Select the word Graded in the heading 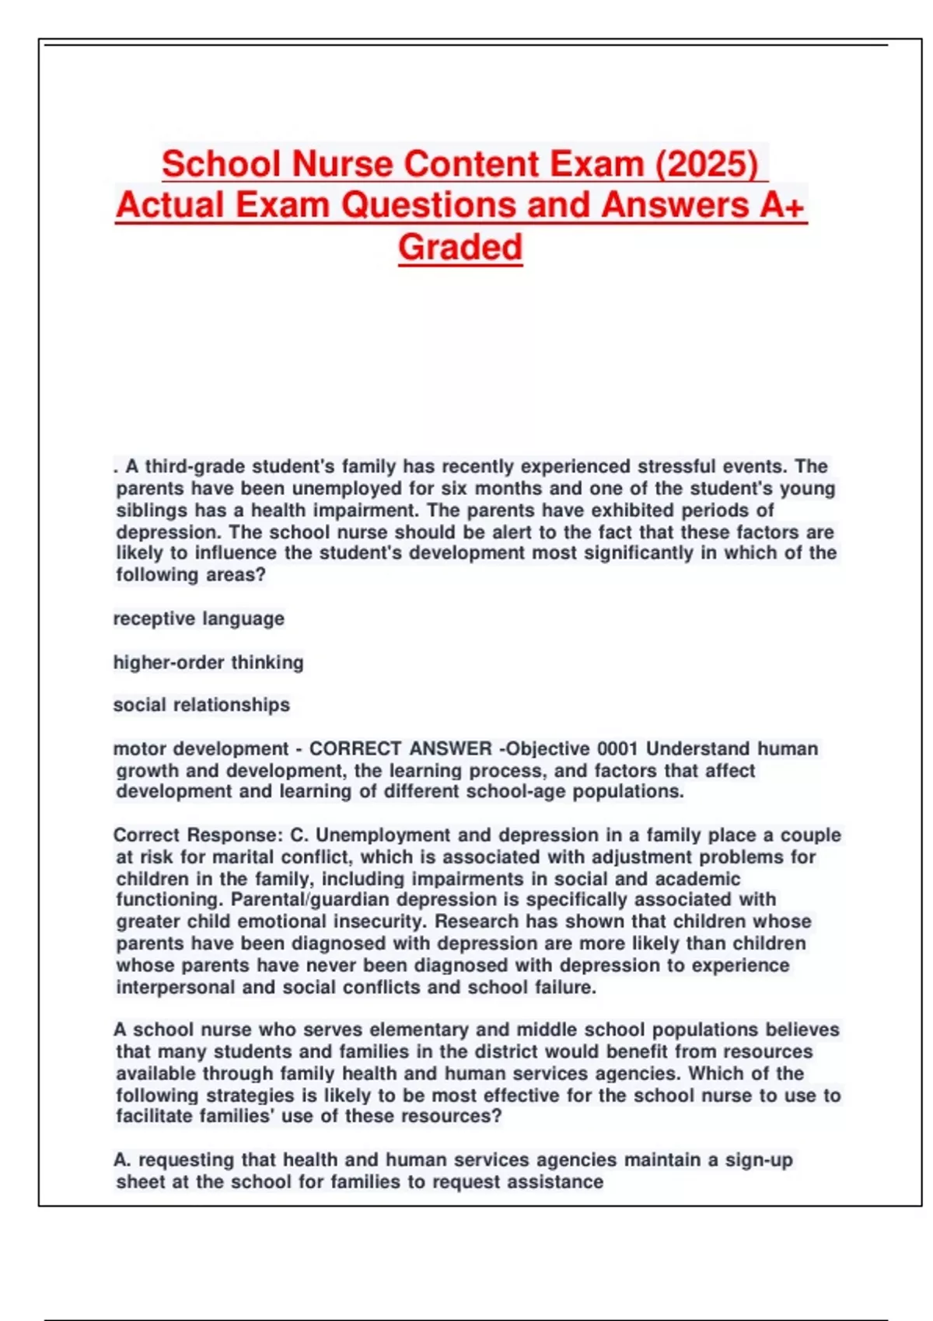pos(460,248)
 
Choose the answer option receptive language pos(199,619)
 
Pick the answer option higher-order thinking pos(208,663)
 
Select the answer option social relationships pos(201,706)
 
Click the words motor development pos(201,749)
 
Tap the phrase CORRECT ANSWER pos(400,749)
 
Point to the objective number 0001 pos(617,749)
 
